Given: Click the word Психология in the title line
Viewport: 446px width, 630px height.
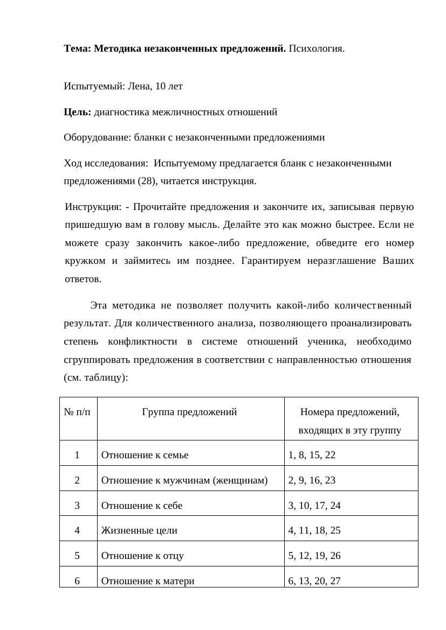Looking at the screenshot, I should (316, 49).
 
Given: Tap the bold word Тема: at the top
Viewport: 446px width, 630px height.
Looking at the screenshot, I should (78, 49).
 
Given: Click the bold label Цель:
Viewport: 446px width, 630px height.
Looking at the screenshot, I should (78, 112).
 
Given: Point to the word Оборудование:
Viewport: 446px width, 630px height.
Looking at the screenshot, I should (96, 137).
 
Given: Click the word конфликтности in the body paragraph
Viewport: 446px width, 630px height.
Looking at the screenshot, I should (142, 342).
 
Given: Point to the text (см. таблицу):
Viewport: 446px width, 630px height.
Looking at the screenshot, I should (95, 378).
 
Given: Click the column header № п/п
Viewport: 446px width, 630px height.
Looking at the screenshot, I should (77, 412).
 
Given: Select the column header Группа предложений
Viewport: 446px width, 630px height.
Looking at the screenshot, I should (190, 412).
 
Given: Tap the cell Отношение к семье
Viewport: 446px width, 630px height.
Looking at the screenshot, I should (145, 455).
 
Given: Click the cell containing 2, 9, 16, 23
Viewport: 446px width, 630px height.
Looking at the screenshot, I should (312, 480).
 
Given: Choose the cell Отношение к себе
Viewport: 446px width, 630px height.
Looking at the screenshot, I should (142, 506).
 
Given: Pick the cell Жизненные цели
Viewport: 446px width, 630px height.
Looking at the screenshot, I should (139, 530).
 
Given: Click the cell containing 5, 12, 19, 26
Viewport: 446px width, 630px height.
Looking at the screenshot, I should (314, 556).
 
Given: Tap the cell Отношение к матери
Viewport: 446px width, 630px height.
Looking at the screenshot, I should (148, 581).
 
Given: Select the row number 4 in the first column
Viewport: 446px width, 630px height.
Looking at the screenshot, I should (78, 530).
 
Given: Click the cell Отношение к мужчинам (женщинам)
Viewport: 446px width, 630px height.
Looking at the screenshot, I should (184, 480).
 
